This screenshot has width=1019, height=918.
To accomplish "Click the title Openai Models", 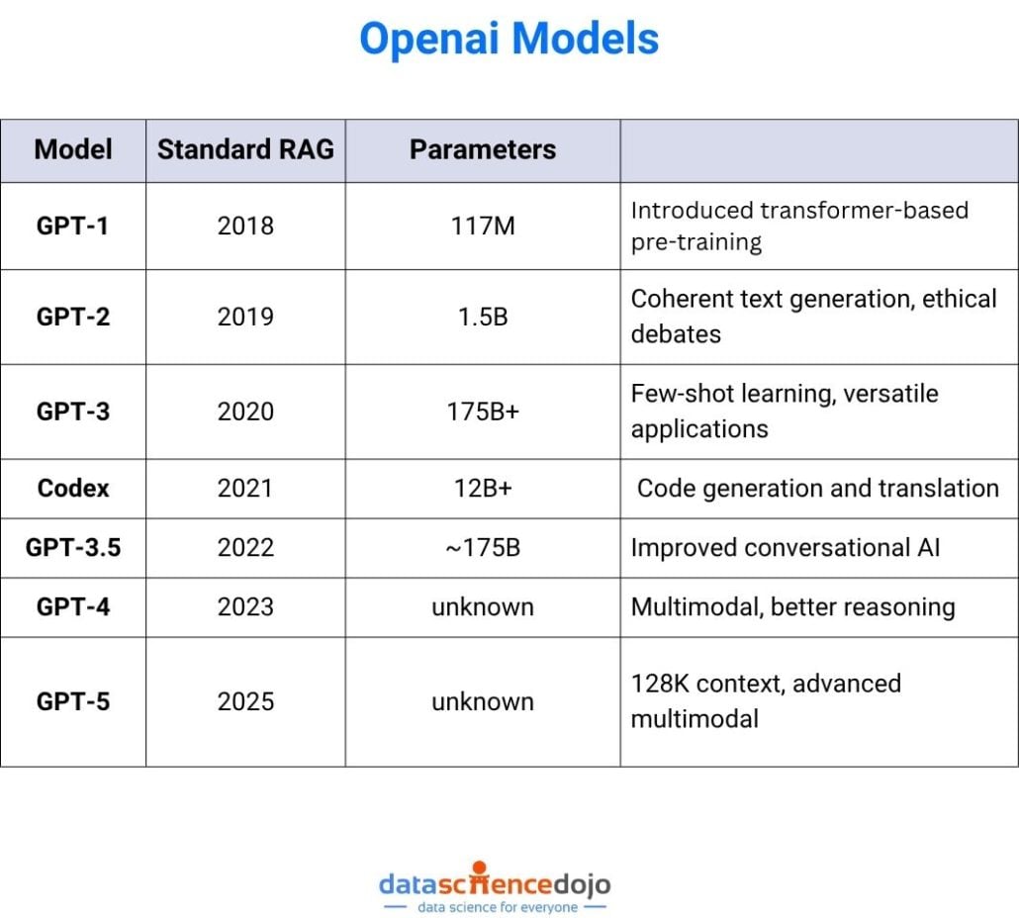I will pyautogui.click(x=509, y=40).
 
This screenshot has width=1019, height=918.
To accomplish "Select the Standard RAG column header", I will pyautogui.click(x=245, y=149).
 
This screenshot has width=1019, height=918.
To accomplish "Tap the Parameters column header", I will pyautogui.click(x=483, y=149).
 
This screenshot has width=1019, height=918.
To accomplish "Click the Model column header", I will pyautogui.click(x=73, y=149).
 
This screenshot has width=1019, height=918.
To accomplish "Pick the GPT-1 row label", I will pyautogui.click(x=73, y=226).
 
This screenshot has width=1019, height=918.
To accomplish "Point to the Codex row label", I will pyautogui.click(x=73, y=488).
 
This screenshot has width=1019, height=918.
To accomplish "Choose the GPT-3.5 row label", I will pyautogui.click(x=73, y=546).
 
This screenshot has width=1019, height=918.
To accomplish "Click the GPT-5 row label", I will pyautogui.click(x=73, y=701).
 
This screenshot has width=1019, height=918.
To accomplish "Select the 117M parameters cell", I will pyautogui.click(x=483, y=226).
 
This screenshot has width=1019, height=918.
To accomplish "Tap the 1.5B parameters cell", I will pyautogui.click(x=483, y=317).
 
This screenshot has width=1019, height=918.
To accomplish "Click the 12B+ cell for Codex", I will pyautogui.click(x=483, y=488).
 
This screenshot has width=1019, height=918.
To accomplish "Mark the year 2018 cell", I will pyautogui.click(x=245, y=226).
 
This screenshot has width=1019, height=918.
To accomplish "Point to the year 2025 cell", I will pyautogui.click(x=245, y=701).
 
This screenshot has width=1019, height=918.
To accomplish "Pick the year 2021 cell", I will pyautogui.click(x=245, y=488).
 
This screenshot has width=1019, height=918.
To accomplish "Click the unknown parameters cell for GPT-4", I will pyautogui.click(x=483, y=606).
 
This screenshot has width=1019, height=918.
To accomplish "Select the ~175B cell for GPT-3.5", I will pyautogui.click(x=483, y=546).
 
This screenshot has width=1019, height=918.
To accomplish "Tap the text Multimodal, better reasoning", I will pyautogui.click(x=792, y=606).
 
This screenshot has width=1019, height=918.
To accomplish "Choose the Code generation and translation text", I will pyautogui.click(x=817, y=488).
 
